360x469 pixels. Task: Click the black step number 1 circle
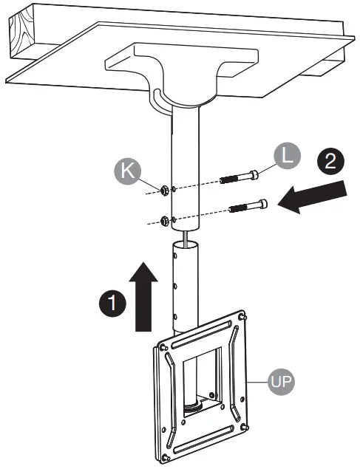112,302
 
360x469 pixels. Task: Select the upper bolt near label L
239,178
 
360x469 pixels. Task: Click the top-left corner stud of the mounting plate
160,344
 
